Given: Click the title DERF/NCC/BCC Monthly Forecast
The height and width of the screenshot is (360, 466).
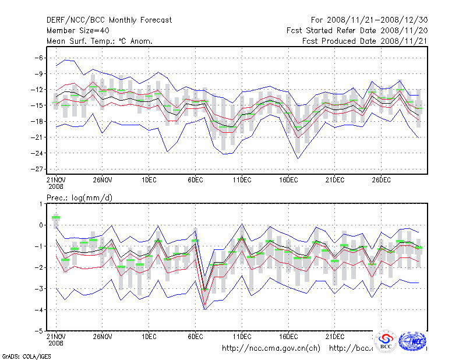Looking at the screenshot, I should [x=109, y=20].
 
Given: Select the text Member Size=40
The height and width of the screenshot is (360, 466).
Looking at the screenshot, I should [x=77, y=30].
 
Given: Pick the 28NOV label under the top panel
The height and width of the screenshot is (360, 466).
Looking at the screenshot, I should [x=102, y=179].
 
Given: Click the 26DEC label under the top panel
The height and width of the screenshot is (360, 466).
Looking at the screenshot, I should [x=381, y=179].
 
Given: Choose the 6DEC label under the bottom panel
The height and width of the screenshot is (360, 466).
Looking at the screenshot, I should [x=195, y=337].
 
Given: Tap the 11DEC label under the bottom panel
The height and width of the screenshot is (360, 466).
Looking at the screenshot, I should [x=242, y=337].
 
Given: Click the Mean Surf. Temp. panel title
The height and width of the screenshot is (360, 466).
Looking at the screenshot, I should [x=100, y=41].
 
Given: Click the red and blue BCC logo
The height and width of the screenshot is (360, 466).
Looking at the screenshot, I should [x=386, y=341].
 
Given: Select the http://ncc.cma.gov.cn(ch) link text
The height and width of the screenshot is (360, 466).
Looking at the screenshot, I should [x=271, y=348].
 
